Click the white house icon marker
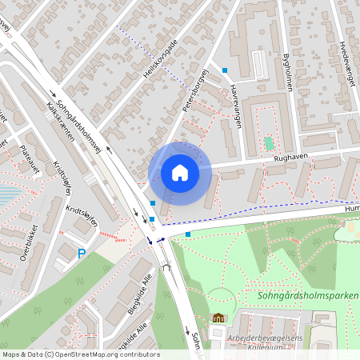pyautogui.click(x=180, y=172)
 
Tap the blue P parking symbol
pyautogui.click(x=81, y=254)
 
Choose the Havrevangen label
pyautogui.click(x=234, y=98)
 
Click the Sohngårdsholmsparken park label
pyautogui.click(x=308, y=295)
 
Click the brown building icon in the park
pyautogui.click(x=218, y=317)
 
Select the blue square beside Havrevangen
pyautogui.click(x=225, y=70)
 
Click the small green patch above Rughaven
pyautogui.click(x=269, y=144)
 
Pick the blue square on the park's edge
pyautogui.click(x=188, y=234)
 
